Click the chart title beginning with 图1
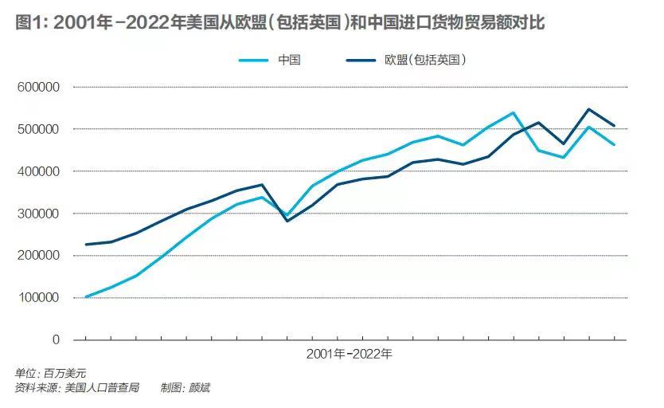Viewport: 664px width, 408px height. pyautogui.click(x=279, y=23)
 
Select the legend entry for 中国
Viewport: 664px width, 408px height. pyautogui.click(x=289, y=60)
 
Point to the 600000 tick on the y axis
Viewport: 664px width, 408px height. pyautogui.click(x=38, y=87)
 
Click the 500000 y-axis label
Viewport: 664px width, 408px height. pyautogui.click(x=38, y=129)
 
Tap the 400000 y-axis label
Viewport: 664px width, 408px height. pyautogui.click(x=38, y=171)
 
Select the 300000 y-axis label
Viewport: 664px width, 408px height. pyautogui.click(x=38, y=214)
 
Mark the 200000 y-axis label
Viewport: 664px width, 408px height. pyautogui.click(x=38, y=256)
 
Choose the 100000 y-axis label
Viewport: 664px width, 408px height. pyautogui.click(x=38, y=298)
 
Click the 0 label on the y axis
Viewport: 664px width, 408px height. pyautogui.click(x=56, y=340)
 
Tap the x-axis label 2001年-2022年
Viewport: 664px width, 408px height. pyautogui.click(x=350, y=352)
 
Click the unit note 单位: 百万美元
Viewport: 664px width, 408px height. pyautogui.click(x=50, y=373)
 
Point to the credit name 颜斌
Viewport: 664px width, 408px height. pyautogui.click(x=199, y=388)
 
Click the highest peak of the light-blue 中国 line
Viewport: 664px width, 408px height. pyautogui.click(x=514, y=112)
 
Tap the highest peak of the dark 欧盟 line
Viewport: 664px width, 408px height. pyautogui.click(x=589, y=109)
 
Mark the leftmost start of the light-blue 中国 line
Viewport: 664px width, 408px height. pyautogui.click(x=85, y=297)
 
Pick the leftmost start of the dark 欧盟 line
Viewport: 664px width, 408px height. pyautogui.click(x=85, y=245)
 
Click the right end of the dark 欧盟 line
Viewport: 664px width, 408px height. pyautogui.click(x=615, y=126)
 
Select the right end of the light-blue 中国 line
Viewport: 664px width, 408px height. pyautogui.click(x=615, y=145)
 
